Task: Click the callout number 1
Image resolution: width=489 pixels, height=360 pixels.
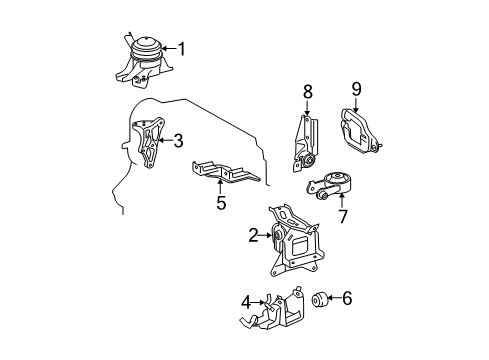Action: [182, 49]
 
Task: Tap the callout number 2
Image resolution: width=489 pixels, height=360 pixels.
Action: [254, 235]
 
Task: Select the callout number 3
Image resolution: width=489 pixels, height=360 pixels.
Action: [179, 140]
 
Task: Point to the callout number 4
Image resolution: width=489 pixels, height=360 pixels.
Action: [246, 303]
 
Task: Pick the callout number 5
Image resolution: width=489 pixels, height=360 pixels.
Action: [221, 203]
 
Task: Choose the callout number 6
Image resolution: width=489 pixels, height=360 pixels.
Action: [347, 298]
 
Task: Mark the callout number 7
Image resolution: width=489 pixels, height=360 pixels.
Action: [343, 216]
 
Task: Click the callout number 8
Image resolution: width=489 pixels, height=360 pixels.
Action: [307, 91]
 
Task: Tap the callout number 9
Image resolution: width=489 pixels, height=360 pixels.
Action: [356, 89]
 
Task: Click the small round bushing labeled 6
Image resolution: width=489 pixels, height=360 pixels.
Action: [319, 299]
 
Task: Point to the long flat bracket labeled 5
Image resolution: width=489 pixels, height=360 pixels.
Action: [225, 172]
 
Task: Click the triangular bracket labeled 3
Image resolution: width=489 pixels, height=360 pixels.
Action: [149, 143]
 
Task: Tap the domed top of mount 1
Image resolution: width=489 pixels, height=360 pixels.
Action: [146, 43]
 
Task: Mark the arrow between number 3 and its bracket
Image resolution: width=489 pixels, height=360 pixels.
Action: [166, 140]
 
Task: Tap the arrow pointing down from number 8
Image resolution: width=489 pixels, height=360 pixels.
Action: [307, 107]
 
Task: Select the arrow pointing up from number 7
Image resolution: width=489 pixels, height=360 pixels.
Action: [341, 201]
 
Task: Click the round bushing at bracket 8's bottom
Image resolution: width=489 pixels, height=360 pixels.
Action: [309, 160]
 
